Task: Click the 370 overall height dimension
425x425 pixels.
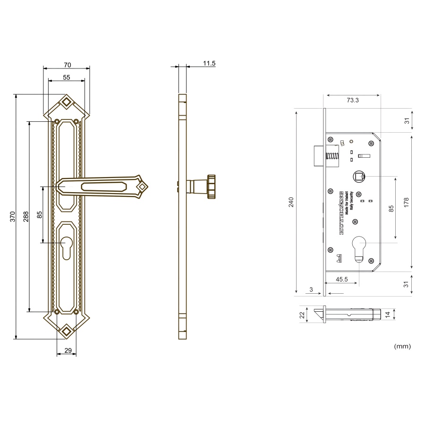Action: pos(13,216)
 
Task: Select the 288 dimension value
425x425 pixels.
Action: pos(26,216)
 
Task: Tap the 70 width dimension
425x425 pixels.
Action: pos(67,64)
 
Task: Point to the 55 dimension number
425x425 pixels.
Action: pos(67,77)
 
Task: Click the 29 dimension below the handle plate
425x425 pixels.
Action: pos(67,350)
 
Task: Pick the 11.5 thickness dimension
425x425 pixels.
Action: pos(209,63)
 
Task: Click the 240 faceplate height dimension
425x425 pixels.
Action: pos(291,202)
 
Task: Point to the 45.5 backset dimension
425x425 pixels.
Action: pos(342,279)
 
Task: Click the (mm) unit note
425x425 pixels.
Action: pos(402,346)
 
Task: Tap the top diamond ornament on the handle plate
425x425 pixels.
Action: pos(67,102)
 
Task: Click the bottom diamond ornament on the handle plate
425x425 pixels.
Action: pos(67,331)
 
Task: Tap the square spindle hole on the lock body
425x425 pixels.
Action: pos(359,177)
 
